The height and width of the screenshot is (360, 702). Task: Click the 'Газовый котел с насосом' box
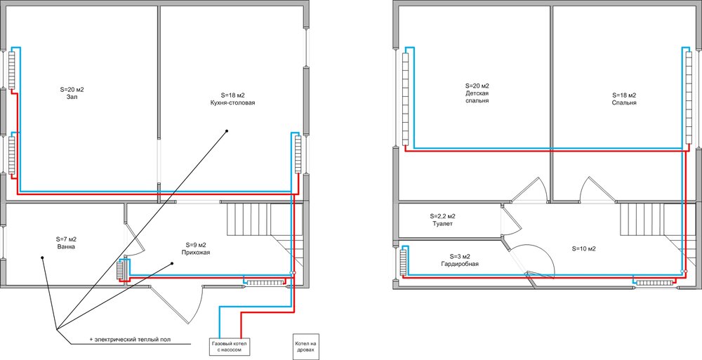click(228, 346)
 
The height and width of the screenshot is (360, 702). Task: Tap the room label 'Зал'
click(72, 97)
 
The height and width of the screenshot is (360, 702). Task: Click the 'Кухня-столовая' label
click(233, 102)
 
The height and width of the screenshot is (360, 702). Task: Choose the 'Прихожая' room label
click(196, 252)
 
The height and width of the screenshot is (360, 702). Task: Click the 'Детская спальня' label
click(477, 97)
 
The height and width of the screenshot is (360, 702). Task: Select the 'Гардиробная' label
click(460, 264)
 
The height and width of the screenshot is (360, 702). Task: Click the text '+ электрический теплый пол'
click(130, 340)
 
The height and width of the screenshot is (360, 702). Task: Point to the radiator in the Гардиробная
click(404, 262)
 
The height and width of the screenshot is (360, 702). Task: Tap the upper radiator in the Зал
click(12, 70)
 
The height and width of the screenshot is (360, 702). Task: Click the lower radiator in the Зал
click(12, 155)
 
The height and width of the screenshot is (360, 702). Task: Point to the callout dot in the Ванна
click(42, 258)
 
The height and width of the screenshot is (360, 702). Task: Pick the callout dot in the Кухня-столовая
click(227, 131)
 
